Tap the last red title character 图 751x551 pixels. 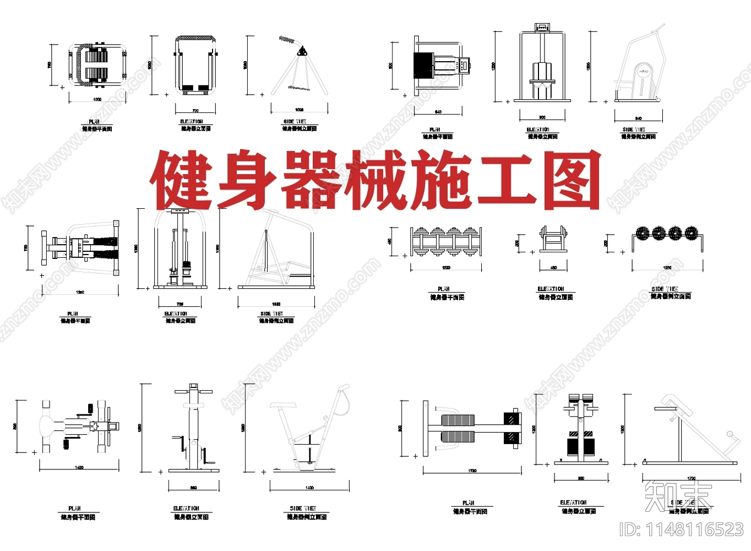572,180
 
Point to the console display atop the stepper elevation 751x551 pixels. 542,26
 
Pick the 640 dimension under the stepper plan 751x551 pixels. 438,112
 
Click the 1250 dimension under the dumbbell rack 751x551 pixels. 667,268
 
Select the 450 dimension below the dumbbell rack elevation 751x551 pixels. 553,268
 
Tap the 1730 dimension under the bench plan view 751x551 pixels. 472,471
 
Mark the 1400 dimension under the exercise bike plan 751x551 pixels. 79,468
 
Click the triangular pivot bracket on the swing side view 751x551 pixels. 301,52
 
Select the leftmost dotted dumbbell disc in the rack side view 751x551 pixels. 642,233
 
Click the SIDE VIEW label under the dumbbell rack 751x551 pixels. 665,289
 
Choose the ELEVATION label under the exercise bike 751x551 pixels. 186,508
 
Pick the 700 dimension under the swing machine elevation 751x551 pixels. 195,111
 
